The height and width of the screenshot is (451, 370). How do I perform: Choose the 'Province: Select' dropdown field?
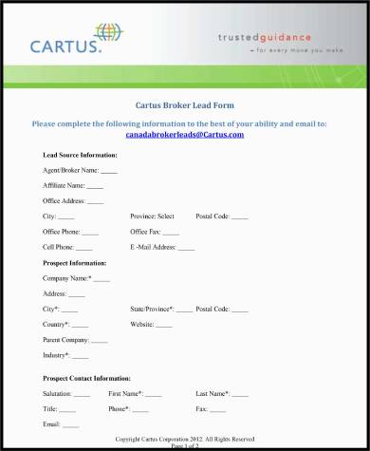coord(152,216)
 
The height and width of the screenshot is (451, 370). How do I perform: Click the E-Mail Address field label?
coord(154,247)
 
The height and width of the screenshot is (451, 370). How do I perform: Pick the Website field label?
coord(142,324)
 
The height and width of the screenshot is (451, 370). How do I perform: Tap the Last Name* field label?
coord(213,393)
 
